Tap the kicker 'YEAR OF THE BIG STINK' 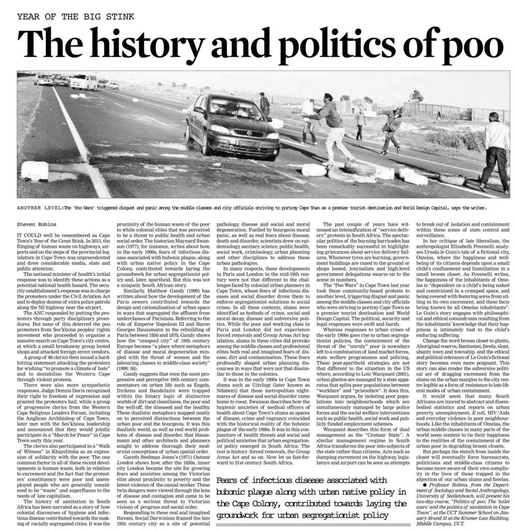click(76, 16)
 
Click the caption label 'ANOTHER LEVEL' click(39, 208)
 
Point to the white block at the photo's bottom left click(35, 171)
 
